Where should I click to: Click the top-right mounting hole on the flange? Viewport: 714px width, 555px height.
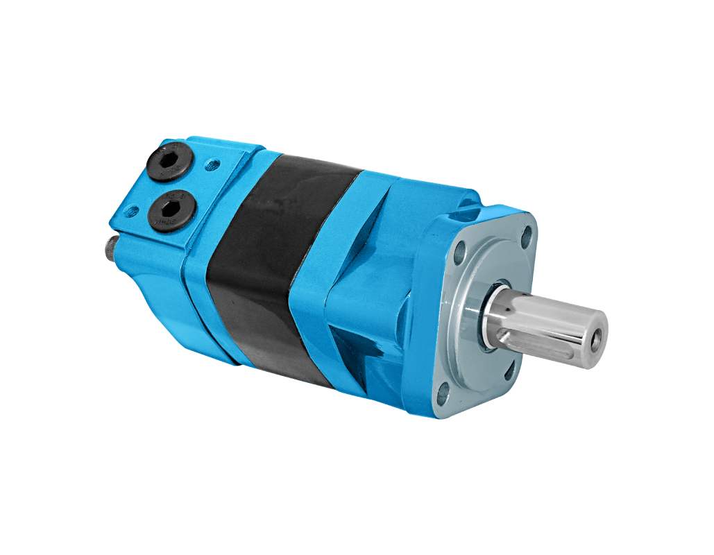click(x=527, y=235)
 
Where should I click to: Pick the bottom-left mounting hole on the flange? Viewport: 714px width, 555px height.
click(x=442, y=397)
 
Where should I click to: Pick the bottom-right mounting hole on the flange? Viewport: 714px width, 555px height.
click(x=510, y=370)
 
